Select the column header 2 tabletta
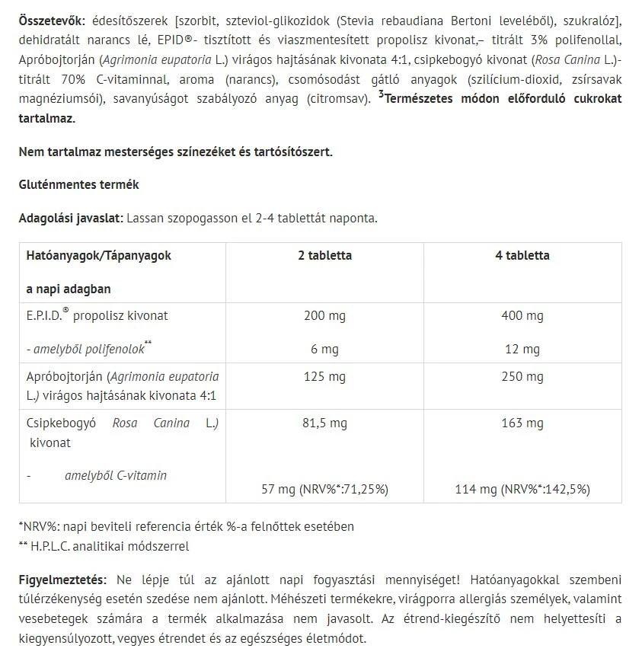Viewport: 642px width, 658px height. click(x=324, y=256)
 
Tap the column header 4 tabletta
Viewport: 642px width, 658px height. click(x=522, y=256)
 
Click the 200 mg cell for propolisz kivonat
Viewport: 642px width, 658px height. click(x=324, y=315)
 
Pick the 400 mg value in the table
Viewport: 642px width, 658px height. click(x=522, y=315)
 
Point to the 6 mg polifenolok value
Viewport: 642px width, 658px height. click(x=324, y=349)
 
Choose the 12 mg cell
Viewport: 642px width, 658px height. click(x=522, y=349)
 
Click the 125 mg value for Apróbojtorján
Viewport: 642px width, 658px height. click(x=324, y=376)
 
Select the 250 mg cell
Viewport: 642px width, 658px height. click(x=522, y=376)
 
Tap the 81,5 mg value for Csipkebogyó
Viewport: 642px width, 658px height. click(x=324, y=423)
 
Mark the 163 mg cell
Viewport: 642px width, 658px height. click(x=522, y=423)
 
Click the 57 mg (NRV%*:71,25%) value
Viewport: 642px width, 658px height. click(x=324, y=489)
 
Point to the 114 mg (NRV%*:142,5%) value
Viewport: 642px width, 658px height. click(x=522, y=489)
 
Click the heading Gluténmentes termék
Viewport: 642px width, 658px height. click(x=78, y=185)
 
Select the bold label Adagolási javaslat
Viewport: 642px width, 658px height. click(x=70, y=218)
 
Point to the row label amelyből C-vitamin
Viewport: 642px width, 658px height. click(x=116, y=475)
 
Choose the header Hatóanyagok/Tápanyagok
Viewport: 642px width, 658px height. click(x=99, y=256)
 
